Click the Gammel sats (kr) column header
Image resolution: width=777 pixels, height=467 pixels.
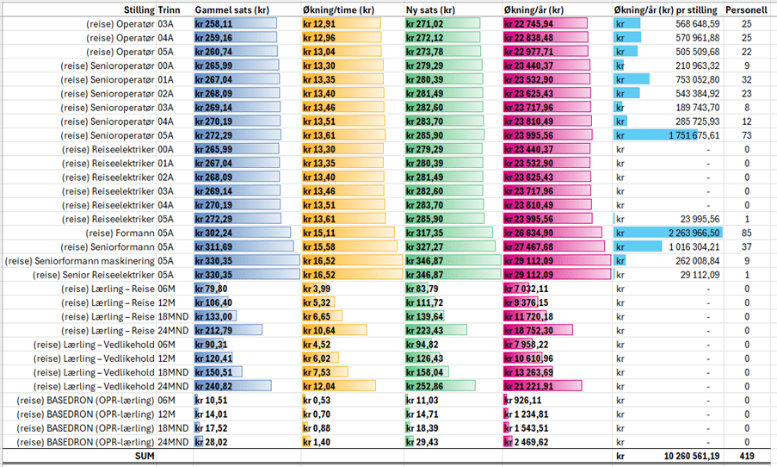231,9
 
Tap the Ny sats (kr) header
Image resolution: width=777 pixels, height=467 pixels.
430,9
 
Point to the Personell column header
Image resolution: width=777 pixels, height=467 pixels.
745,9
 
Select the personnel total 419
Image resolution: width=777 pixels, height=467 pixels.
746,455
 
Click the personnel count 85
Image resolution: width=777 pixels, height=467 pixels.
746,233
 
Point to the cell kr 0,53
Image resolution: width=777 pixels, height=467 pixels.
318,400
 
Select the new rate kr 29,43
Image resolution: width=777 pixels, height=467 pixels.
425,441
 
